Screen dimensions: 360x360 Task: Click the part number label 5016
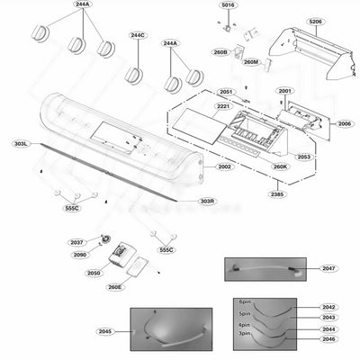click(x=228, y=5)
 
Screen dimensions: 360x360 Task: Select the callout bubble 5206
click(x=315, y=21)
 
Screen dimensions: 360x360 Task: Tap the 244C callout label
click(x=137, y=36)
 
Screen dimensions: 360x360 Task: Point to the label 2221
click(x=223, y=106)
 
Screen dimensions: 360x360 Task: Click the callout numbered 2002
click(x=223, y=166)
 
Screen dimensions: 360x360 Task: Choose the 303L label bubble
click(x=21, y=143)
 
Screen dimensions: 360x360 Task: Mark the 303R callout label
click(x=207, y=201)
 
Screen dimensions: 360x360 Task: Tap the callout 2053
click(x=304, y=157)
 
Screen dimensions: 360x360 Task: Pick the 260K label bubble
click(x=280, y=166)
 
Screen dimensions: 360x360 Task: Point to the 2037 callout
click(x=76, y=242)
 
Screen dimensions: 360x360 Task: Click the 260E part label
click(x=114, y=287)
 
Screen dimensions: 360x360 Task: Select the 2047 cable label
click(x=328, y=268)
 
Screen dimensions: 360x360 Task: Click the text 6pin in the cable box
click(x=244, y=302)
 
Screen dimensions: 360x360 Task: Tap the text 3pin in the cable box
click(x=244, y=334)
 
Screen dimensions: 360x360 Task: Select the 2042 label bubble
click(x=329, y=307)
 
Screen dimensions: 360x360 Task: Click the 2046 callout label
click(x=329, y=339)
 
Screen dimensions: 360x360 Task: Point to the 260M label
click(x=250, y=62)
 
